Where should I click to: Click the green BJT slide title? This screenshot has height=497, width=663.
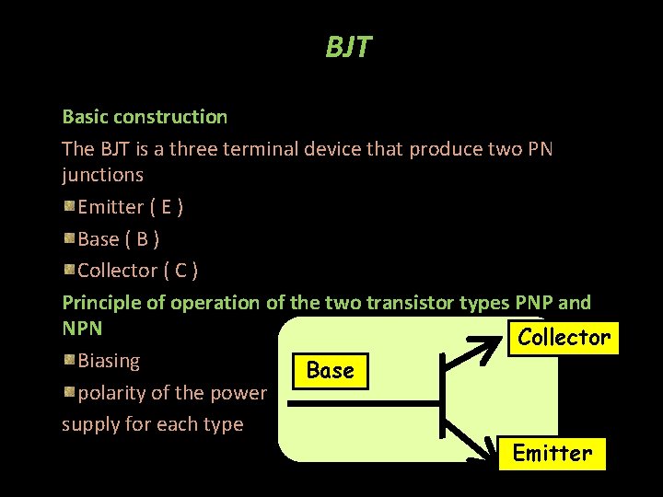(x=347, y=47)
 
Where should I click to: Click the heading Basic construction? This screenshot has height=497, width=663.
(x=145, y=117)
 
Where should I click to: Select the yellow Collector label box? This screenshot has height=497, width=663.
(x=564, y=338)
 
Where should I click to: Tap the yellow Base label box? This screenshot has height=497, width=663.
(x=330, y=371)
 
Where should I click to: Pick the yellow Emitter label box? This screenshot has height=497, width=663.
(x=552, y=454)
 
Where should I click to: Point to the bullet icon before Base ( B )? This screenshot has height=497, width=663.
(x=69, y=238)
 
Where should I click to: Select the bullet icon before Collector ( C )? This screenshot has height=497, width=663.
(x=69, y=270)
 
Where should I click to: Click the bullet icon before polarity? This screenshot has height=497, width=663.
(x=69, y=392)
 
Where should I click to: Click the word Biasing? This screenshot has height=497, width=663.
(x=109, y=360)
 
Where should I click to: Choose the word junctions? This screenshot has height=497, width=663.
(x=102, y=174)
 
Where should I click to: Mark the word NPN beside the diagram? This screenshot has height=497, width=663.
(x=82, y=328)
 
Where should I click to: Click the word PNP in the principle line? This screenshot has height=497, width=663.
(x=535, y=302)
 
